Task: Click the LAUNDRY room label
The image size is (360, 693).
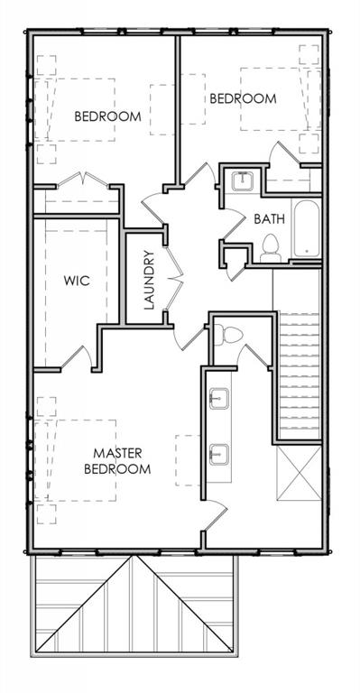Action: [149, 280]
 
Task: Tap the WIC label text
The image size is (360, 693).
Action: [77, 281]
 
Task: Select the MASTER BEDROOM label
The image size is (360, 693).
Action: [117, 461]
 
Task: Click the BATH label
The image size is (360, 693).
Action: [269, 218]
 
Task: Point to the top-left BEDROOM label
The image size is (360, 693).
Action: [107, 116]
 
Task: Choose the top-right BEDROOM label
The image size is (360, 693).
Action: [243, 98]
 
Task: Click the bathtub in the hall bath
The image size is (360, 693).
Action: [306, 228]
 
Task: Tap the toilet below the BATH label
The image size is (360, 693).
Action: [271, 248]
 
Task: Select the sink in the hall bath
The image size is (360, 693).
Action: [243, 180]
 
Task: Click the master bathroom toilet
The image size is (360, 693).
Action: [228, 335]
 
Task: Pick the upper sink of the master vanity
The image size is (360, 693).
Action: [218, 399]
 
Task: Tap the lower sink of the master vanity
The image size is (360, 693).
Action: [218, 455]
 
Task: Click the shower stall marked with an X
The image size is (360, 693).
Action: [299, 474]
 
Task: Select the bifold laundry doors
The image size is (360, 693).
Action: [173, 279]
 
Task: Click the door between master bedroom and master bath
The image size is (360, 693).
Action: [216, 515]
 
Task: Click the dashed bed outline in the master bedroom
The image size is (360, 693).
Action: [81, 460]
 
